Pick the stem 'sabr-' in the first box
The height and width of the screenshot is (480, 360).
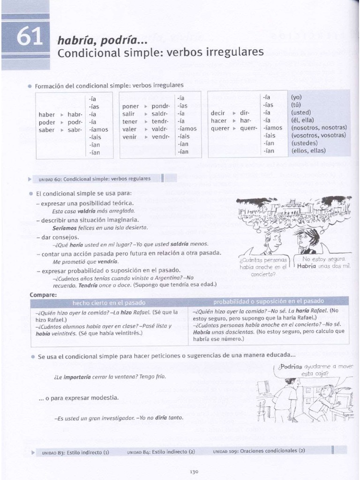tap(75, 130)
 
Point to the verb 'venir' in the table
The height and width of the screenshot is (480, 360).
tap(129, 137)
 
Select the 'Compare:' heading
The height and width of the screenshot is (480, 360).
tap(43, 294)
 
